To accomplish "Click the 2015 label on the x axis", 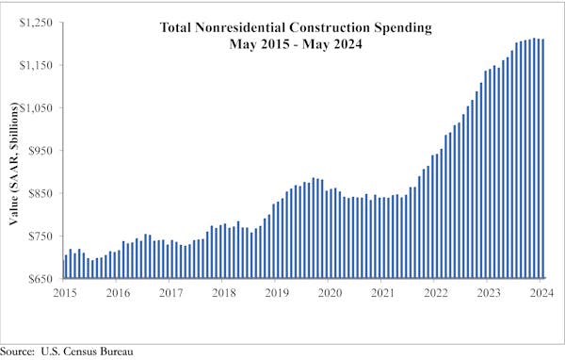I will (65, 293).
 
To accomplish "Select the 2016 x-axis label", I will (118, 293).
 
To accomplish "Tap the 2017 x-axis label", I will (170, 293).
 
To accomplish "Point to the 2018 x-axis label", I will (223, 293).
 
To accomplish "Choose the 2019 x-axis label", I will (277, 293).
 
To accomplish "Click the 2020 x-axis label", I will (330, 293).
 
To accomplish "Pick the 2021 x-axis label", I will (382, 293).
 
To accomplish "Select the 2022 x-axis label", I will (435, 293).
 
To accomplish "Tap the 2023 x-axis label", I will (488, 293).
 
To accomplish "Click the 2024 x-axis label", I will (541, 293).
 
